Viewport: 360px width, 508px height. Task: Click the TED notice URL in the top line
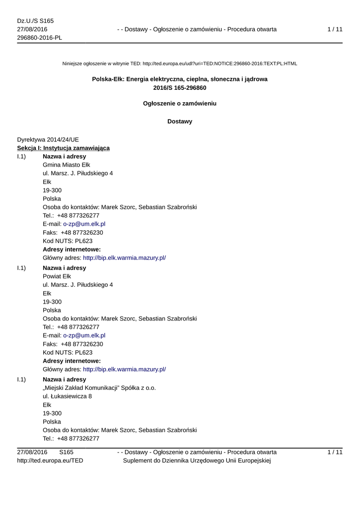tap(219, 63)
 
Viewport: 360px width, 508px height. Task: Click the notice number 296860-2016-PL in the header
tap(40, 38)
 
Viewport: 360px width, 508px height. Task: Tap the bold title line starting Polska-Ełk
tap(180, 79)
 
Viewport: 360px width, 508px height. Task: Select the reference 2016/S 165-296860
tap(180, 88)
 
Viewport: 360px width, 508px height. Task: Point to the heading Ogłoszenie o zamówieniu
tap(180, 104)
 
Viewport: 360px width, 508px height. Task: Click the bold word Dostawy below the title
tap(180, 122)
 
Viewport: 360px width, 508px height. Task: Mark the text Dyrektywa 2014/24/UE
tap(48, 139)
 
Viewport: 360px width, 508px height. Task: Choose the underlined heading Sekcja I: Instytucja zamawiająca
tap(64, 148)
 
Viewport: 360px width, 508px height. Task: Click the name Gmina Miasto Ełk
tap(67, 165)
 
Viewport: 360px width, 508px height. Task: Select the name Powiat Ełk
tap(57, 276)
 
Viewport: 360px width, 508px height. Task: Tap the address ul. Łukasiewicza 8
tap(67, 396)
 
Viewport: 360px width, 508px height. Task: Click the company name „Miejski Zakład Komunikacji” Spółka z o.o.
tap(99, 388)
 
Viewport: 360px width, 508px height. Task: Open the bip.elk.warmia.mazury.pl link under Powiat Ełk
tap(124, 369)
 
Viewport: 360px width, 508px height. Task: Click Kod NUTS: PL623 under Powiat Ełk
tap(68, 352)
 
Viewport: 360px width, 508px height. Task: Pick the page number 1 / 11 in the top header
tap(335, 30)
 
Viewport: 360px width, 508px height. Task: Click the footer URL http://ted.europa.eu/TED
tap(50, 461)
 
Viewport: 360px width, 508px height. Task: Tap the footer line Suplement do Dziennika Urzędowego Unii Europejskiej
tap(196, 461)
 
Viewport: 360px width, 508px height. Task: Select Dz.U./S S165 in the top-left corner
tap(35, 21)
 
